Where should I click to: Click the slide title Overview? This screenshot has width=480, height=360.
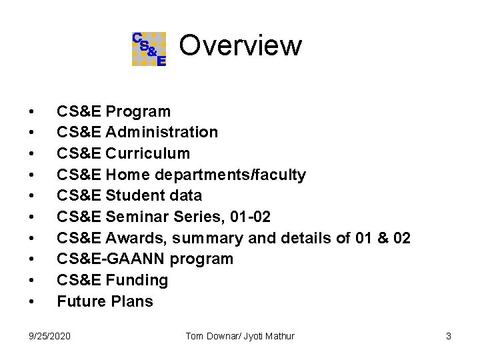(x=240, y=46)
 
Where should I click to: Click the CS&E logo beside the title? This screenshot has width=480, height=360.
(x=149, y=49)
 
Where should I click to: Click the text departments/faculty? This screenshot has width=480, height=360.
(x=230, y=175)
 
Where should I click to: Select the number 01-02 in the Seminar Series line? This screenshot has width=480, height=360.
(x=250, y=217)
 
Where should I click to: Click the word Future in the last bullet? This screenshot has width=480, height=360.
(x=78, y=301)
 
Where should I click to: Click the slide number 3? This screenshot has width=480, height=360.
(x=449, y=336)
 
